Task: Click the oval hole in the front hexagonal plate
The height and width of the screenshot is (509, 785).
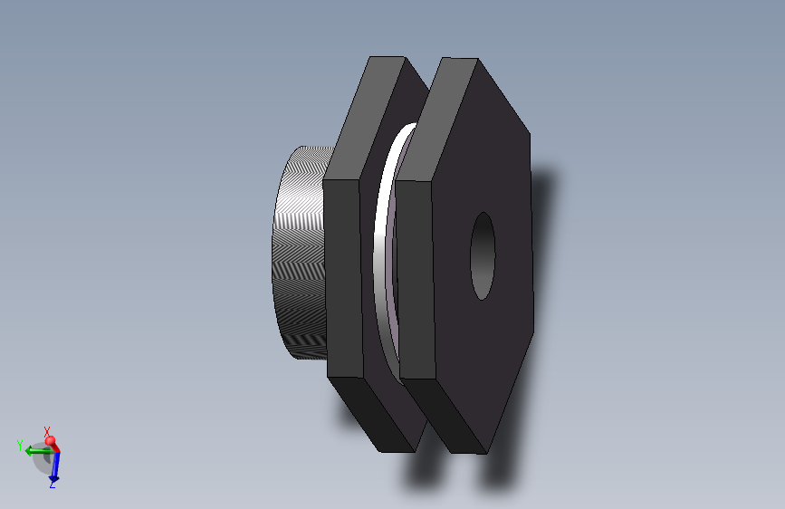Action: pos(483,256)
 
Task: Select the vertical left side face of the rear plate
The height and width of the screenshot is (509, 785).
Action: pos(342,276)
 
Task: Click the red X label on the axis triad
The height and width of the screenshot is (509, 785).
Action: pos(47,431)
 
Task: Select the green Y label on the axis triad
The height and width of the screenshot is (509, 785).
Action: pos(19,445)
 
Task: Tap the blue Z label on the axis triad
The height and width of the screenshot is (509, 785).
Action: pos(53,485)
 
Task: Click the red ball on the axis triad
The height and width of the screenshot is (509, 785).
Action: pos(52,442)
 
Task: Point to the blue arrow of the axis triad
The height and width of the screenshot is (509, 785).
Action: pos(53,466)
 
